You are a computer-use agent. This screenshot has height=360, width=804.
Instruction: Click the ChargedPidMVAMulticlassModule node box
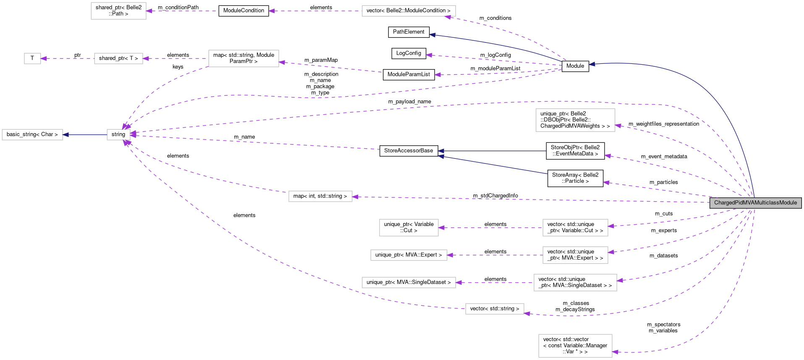point(755,203)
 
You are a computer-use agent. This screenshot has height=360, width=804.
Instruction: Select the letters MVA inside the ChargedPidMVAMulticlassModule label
point(746,203)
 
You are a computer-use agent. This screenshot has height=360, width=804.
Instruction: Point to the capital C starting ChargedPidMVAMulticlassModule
point(716,203)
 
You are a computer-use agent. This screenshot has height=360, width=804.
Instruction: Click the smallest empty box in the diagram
point(32,58)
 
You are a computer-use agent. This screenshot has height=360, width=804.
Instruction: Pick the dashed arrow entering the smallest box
point(67,58)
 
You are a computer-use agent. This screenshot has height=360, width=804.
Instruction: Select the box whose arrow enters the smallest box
point(118,58)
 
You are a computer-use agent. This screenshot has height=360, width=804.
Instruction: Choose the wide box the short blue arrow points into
point(32,135)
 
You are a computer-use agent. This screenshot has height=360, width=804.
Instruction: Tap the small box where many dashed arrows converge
point(118,135)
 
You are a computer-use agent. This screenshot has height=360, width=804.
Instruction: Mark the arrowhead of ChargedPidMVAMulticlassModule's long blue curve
point(592,64)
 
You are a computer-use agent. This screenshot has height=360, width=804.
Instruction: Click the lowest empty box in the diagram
point(575,346)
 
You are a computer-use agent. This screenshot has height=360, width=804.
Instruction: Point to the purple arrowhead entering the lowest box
point(615,352)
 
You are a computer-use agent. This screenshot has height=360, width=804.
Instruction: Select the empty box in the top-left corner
point(118,11)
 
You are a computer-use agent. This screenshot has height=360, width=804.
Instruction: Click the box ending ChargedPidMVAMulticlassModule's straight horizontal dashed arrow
point(320,196)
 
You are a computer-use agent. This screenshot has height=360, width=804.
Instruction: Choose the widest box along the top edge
point(409,11)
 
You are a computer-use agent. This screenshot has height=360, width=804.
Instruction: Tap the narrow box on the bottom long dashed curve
point(495,309)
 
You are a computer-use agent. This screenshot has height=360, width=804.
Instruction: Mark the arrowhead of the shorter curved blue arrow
point(432,35)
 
